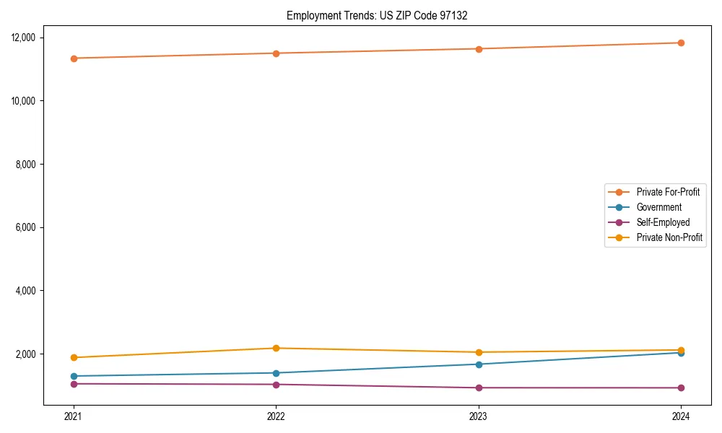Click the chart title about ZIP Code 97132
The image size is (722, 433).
pyautogui.click(x=377, y=15)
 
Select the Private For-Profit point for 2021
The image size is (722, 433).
pyautogui.click(x=73, y=58)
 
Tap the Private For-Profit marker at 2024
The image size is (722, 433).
pyautogui.click(x=681, y=43)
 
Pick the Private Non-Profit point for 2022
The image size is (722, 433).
pyautogui.click(x=276, y=349)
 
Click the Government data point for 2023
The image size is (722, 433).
pyautogui.click(x=479, y=364)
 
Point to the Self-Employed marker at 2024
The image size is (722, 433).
pyautogui.click(x=681, y=388)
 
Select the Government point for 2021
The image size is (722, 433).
pyautogui.click(x=73, y=376)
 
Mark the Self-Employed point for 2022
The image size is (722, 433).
pyautogui.click(x=276, y=385)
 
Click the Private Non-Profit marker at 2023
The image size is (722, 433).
pyautogui.click(x=479, y=352)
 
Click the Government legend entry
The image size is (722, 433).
pyautogui.click(x=658, y=207)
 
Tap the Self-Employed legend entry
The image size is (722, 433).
pyautogui.click(x=663, y=222)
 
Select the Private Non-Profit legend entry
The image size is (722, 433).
pyautogui.click(x=669, y=237)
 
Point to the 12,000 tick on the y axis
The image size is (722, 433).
pyautogui.click(x=27, y=38)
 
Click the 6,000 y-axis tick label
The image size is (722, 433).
pyautogui.click(x=30, y=227)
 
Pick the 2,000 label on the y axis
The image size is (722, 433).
pyautogui.click(x=30, y=354)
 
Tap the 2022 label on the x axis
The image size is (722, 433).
pyautogui.click(x=276, y=416)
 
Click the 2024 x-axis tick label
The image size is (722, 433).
pyautogui.click(x=681, y=416)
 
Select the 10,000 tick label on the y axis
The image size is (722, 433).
pyautogui.click(x=27, y=101)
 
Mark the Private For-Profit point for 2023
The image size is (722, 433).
pyautogui.click(x=479, y=49)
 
